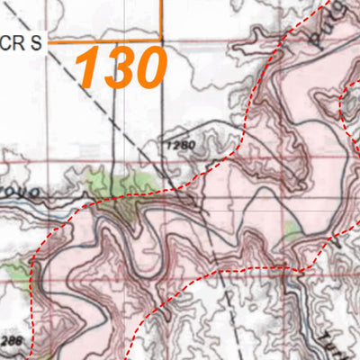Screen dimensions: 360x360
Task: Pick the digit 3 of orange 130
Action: (x=117, y=68)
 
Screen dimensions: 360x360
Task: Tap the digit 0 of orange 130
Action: (x=149, y=68)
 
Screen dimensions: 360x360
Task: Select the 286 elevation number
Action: (x=11, y=341)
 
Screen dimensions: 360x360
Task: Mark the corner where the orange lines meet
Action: (x=161, y=40)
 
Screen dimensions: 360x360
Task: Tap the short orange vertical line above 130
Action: (x=161, y=18)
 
